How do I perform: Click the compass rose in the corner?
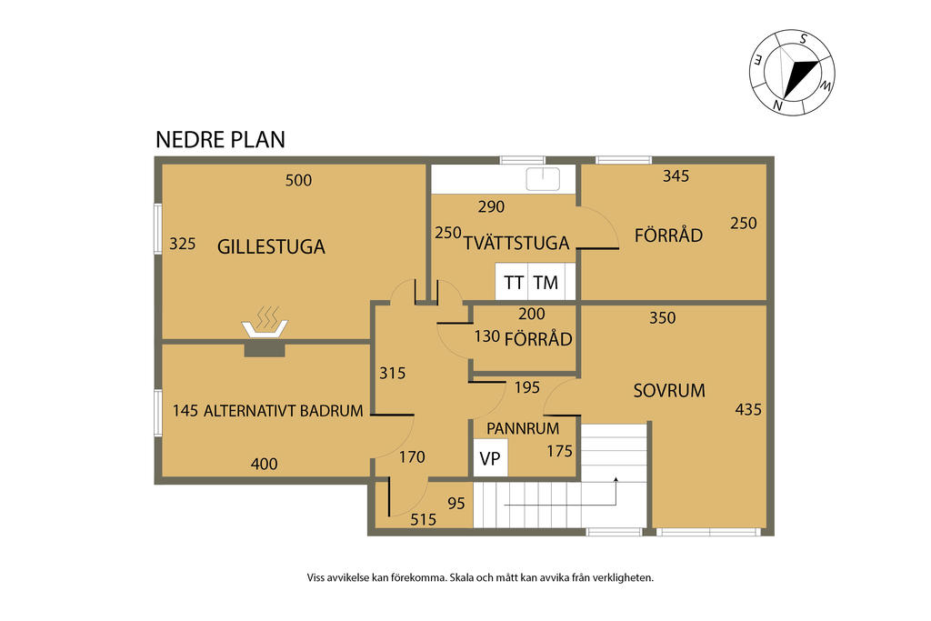tap(793, 73)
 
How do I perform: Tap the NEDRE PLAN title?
tap(220, 139)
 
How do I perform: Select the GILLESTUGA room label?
tap(271, 246)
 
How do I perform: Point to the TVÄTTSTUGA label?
tap(516, 244)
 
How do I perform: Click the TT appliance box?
tap(513, 283)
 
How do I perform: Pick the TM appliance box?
tap(546, 283)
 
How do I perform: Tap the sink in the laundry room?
tap(543, 179)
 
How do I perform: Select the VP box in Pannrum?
tap(490, 459)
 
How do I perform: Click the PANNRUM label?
tap(523, 427)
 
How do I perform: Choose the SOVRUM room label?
tap(669, 391)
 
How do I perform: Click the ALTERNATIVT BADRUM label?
tap(284, 411)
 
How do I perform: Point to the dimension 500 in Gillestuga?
tap(298, 180)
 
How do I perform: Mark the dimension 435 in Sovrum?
tap(748, 409)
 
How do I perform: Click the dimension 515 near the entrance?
tap(423, 520)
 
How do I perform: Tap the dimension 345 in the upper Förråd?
tap(676, 176)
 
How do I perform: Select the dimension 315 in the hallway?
tap(392, 373)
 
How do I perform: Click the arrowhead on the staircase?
tap(616, 479)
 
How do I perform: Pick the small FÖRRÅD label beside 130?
tap(538, 339)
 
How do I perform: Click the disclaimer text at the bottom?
tap(481, 577)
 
